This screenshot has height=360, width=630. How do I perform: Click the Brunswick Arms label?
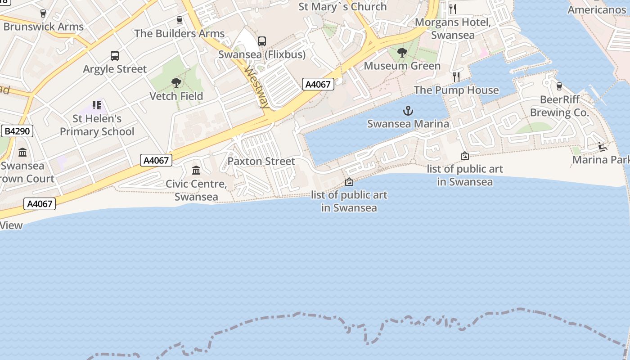(x=43, y=27)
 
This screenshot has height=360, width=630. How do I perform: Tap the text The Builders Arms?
(x=179, y=33)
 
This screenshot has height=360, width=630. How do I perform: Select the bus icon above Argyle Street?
(x=115, y=56)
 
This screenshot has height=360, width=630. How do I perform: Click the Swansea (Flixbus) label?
(x=261, y=54)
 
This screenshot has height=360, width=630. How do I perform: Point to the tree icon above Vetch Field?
(x=176, y=83)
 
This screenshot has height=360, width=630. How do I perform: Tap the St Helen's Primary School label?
(x=97, y=125)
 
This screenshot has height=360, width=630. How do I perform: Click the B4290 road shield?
(x=17, y=131)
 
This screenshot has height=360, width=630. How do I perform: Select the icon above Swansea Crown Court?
(x=22, y=153)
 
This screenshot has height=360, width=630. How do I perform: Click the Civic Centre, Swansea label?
(x=196, y=190)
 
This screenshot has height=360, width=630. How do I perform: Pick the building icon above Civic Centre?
(x=196, y=171)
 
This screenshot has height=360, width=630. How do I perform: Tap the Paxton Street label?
(x=261, y=161)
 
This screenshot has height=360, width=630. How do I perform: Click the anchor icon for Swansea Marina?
(x=408, y=110)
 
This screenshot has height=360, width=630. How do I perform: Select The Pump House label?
(x=456, y=90)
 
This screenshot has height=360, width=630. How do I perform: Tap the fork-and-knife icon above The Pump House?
(x=456, y=76)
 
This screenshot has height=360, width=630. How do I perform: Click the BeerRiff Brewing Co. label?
(x=559, y=106)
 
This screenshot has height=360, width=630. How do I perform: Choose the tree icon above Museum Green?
(x=402, y=53)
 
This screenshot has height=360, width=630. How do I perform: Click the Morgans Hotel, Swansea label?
(x=453, y=28)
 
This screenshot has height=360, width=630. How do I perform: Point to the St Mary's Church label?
(x=342, y=7)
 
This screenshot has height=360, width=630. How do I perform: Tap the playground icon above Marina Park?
(x=602, y=147)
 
